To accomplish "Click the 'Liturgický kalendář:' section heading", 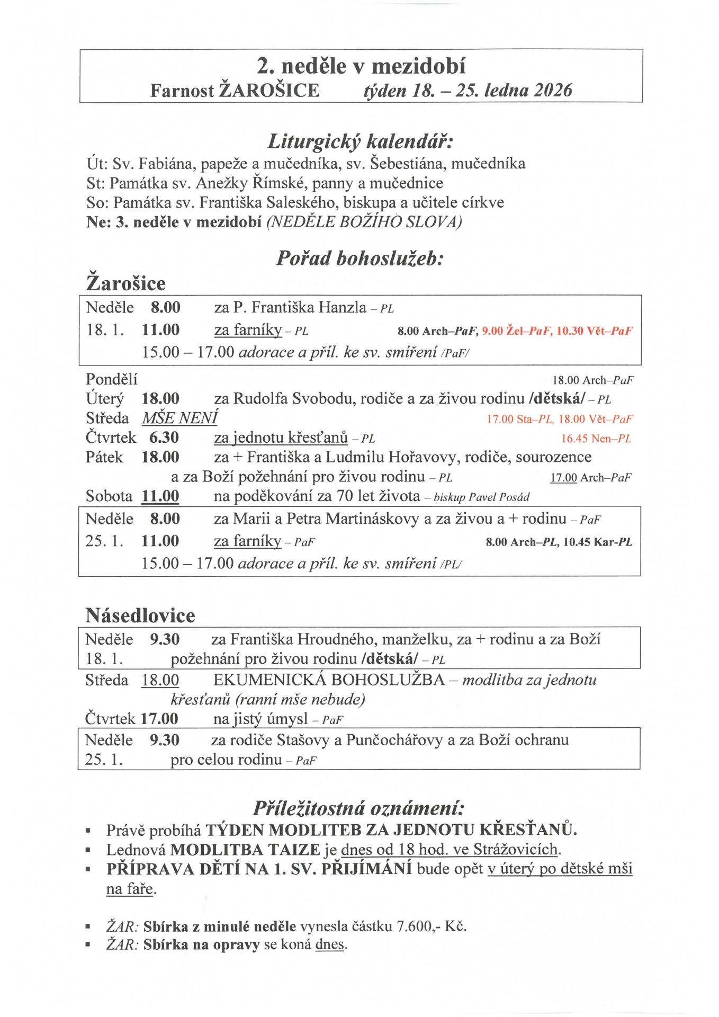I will [361, 142].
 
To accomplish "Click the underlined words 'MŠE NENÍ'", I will [180, 418].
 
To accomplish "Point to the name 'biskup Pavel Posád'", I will [481, 497].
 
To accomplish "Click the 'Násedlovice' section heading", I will [140, 615].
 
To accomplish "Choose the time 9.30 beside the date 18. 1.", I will [165, 639].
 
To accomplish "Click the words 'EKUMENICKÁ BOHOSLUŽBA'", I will [329, 680].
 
